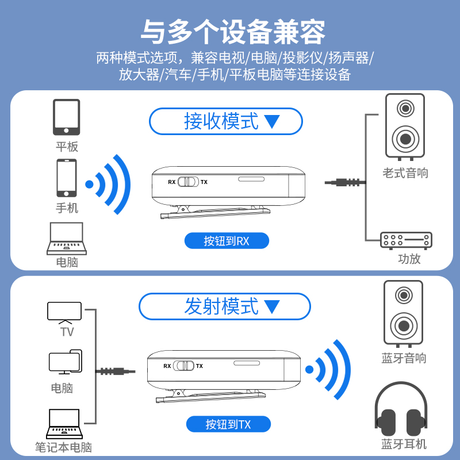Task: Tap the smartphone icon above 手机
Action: pyautogui.click(x=66, y=178)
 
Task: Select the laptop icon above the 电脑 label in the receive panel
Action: pyautogui.click(x=67, y=239)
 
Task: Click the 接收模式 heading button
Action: pyautogui.click(x=225, y=121)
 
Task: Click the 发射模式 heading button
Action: pyautogui.click(x=225, y=306)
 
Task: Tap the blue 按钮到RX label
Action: pyautogui.click(x=227, y=241)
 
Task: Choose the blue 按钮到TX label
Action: pyautogui.click(x=228, y=424)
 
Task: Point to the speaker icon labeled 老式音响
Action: pyautogui.click(x=405, y=126)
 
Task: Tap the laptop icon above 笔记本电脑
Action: pyautogui.click(x=65, y=424)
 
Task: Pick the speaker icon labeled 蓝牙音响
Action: pyautogui.click(x=403, y=313)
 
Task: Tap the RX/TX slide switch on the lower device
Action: pyautogui.click(x=184, y=366)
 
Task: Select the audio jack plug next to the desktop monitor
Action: pyautogui.click(x=114, y=371)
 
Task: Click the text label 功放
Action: pyautogui.click(x=409, y=259)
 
